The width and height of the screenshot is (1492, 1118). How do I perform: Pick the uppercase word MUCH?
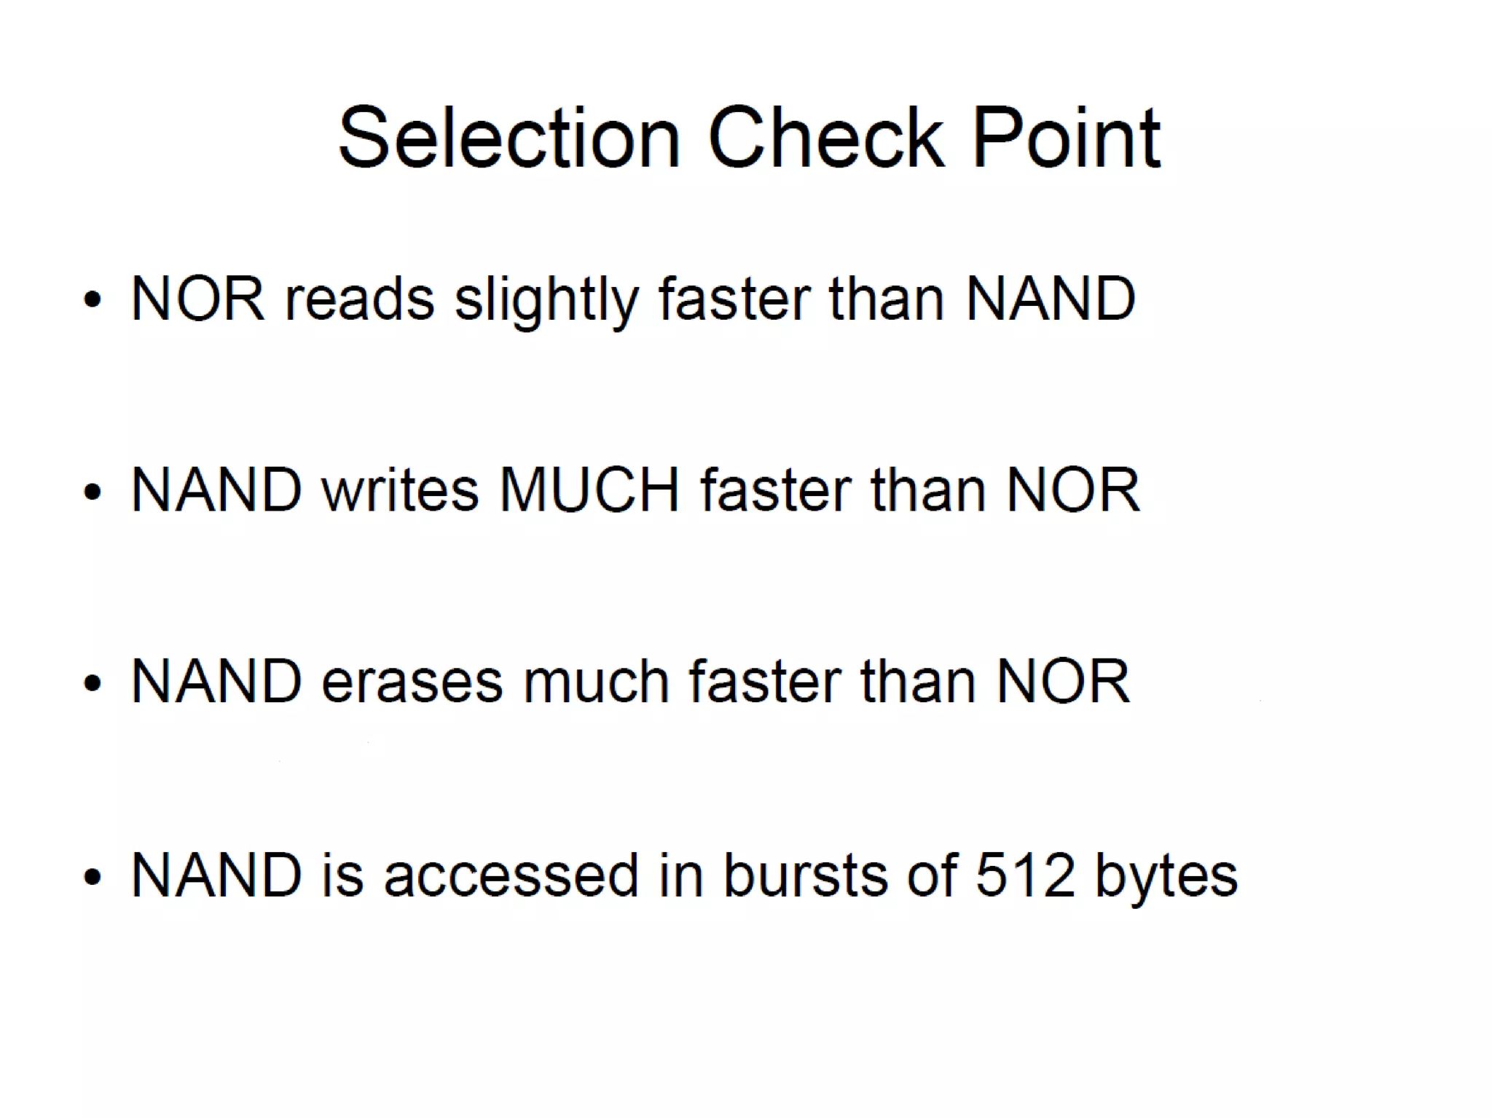589,489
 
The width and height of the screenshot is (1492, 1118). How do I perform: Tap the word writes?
400,489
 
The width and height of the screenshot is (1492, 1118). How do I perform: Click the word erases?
412,682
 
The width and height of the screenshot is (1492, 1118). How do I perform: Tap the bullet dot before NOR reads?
93,299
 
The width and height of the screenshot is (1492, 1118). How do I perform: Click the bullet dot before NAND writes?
93,491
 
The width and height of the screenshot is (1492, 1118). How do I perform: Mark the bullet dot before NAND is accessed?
93,875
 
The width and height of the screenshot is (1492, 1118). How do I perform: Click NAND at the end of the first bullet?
1050,299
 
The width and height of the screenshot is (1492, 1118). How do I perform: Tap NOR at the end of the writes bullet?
1072,489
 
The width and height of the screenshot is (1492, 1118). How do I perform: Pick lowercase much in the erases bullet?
595,682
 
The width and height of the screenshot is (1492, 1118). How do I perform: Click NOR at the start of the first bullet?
197,299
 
